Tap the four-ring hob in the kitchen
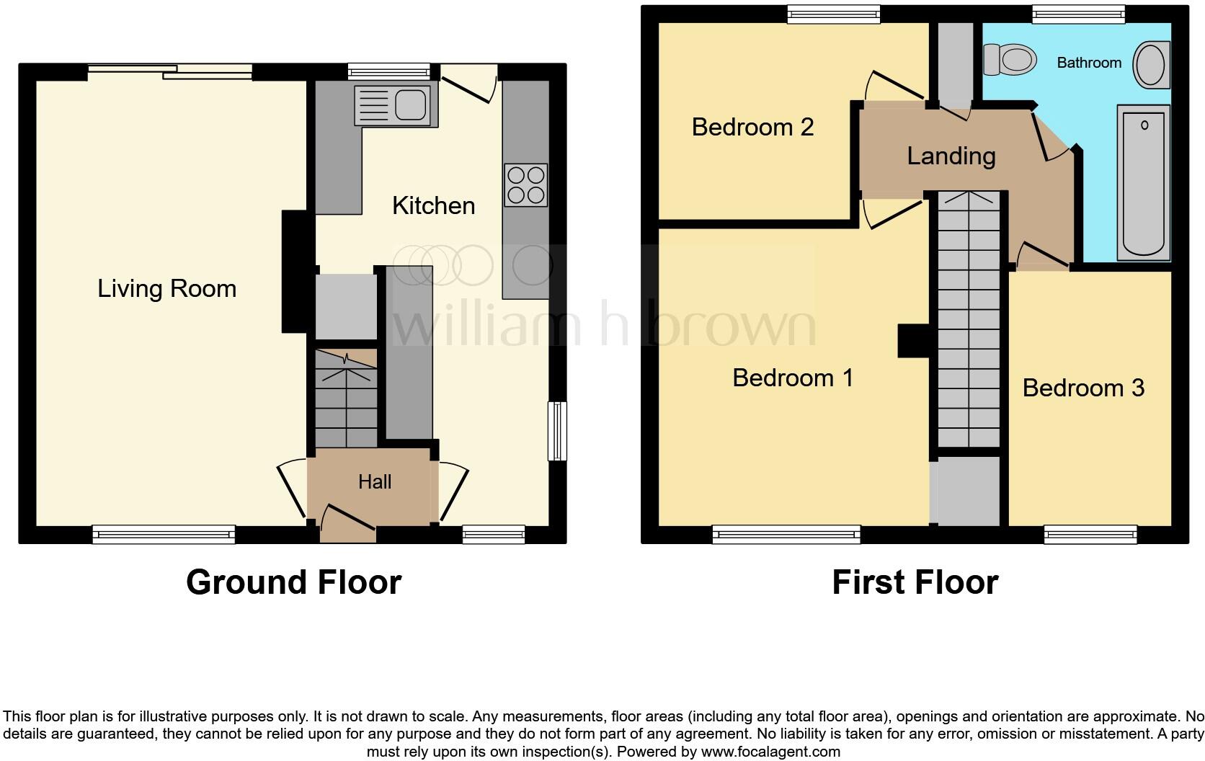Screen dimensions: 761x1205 point(525,185)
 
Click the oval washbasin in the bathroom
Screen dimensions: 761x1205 point(1151,64)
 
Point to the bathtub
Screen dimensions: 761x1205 point(1144,182)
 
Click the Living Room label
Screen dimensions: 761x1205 point(166,289)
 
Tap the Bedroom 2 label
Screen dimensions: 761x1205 point(752,128)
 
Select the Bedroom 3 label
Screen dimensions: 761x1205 point(1082,388)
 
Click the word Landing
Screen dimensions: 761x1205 point(951,156)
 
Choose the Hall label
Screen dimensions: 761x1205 point(375,482)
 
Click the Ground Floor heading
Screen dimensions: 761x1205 point(293,582)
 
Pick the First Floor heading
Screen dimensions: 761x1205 point(915,582)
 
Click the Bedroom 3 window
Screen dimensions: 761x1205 point(1090,534)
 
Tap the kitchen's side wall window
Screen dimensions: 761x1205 point(557,430)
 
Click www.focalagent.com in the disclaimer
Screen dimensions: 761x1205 point(770,752)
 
